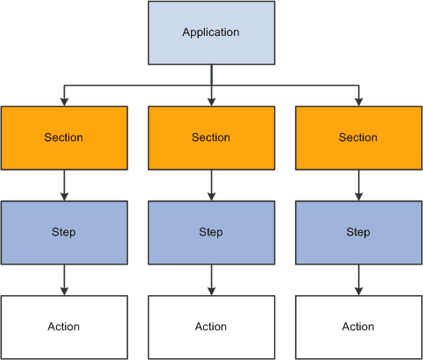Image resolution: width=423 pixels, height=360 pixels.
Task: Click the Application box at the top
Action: [x=211, y=33]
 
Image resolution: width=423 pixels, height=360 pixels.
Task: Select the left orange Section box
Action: [x=64, y=138]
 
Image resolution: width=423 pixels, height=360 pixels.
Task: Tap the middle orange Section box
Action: [x=211, y=138]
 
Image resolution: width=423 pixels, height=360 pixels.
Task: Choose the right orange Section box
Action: [x=358, y=138]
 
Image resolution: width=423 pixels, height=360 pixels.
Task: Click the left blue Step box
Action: [x=64, y=232]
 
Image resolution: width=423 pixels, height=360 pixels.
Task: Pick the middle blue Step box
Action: [x=211, y=232]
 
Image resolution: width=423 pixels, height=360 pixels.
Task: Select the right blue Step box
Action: [x=358, y=232]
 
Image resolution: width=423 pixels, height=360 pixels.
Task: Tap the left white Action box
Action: [x=64, y=327]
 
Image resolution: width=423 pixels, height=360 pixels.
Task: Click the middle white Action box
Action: [x=211, y=327]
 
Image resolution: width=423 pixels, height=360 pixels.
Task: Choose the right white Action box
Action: [x=358, y=327]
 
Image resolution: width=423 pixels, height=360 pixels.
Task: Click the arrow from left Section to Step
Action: [x=64, y=185]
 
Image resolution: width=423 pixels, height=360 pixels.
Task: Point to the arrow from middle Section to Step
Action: [x=211, y=185]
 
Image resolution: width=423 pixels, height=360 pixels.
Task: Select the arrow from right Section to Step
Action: [x=358, y=185]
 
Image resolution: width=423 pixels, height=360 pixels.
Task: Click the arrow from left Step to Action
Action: [x=64, y=279]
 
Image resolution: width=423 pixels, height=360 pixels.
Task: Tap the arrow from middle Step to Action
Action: [x=211, y=279]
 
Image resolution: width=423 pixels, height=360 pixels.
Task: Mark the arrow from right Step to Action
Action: [x=358, y=279]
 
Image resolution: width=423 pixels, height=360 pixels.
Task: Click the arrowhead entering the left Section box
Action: [x=64, y=102]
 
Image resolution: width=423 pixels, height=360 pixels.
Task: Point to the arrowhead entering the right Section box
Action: [x=358, y=102]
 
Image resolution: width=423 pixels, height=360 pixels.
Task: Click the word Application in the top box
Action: [x=211, y=33]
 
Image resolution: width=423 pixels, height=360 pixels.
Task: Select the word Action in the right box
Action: [x=358, y=327]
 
